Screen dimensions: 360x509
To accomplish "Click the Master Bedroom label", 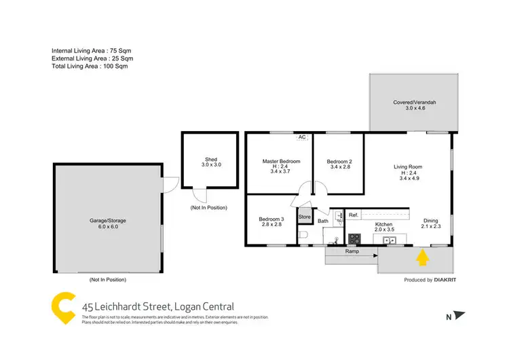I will [x=281, y=162].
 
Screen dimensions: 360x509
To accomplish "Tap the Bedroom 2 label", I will [x=340, y=162].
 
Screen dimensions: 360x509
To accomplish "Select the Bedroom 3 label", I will [x=271, y=219].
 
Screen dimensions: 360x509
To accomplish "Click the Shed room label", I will [x=209, y=160].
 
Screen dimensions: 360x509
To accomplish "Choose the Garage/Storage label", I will [x=109, y=221].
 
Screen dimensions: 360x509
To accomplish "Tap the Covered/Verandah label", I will [x=414, y=103].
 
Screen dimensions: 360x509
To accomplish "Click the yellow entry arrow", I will [x=422, y=257].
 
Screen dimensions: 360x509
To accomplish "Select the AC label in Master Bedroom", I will [x=302, y=137].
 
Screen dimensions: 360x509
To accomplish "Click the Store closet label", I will [x=305, y=217].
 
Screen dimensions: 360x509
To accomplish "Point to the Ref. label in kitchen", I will [x=354, y=215].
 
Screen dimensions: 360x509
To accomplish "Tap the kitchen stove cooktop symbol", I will [x=354, y=238].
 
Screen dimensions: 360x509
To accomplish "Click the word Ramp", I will [x=352, y=251].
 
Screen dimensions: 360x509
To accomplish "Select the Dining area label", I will [x=431, y=221].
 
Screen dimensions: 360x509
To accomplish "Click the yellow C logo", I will [x=64, y=306].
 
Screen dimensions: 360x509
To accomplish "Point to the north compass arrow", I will [x=461, y=315].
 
